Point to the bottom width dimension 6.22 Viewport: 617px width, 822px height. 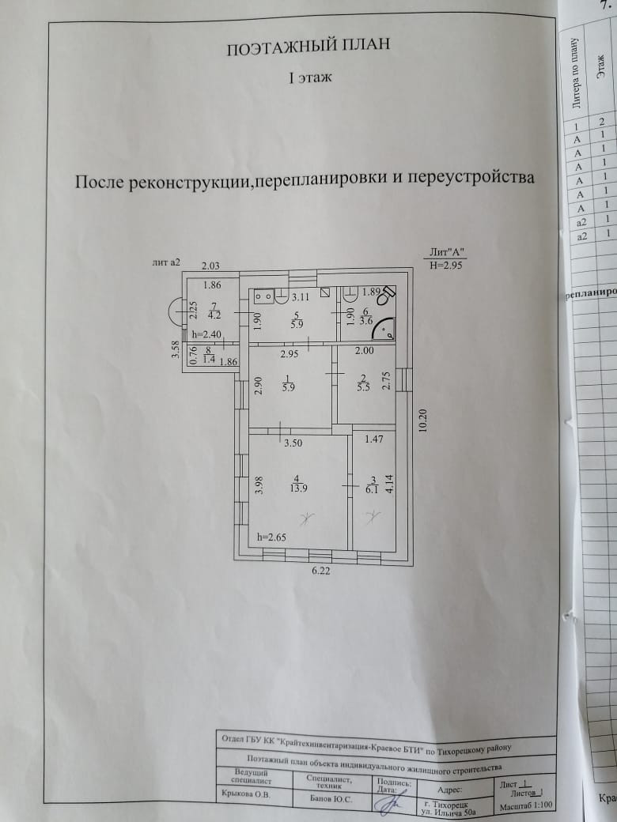click(x=320, y=571)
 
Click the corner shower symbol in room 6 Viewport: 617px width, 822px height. click(x=385, y=330)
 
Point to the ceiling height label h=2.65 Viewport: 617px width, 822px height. click(x=271, y=537)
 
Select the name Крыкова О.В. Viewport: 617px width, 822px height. click(x=243, y=797)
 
